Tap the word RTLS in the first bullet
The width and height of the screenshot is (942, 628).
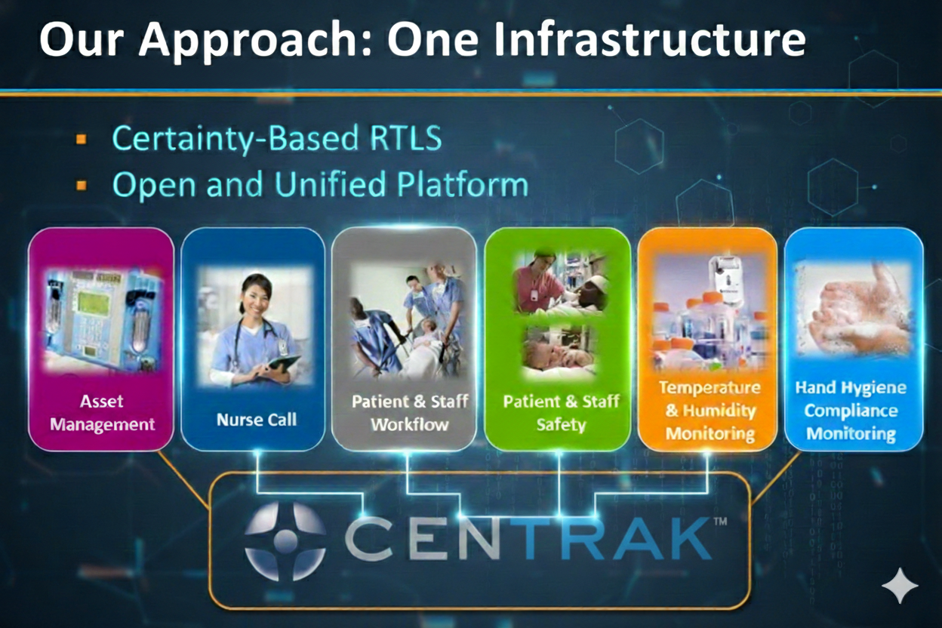(x=405, y=137)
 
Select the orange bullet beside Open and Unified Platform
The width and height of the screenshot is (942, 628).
(x=82, y=185)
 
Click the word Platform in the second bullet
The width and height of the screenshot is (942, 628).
(x=462, y=184)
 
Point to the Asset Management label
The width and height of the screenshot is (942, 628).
(x=102, y=413)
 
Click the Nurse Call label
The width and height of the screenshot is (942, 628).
(x=257, y=420)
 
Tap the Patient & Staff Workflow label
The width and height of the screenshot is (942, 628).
(x=410, y=413)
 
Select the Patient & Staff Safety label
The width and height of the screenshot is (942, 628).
(x=562, y=413)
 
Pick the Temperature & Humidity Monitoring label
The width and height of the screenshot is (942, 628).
(x=710, y=411)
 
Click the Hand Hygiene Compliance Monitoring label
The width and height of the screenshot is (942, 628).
(x=851, y=411)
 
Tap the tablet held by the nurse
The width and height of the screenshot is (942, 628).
(x=284, y=362)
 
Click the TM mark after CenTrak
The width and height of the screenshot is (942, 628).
(x=720, y=521)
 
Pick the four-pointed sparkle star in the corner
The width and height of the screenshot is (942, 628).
(x=900, y=586)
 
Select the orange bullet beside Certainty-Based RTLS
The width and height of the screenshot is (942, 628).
(x=82, y=139)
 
